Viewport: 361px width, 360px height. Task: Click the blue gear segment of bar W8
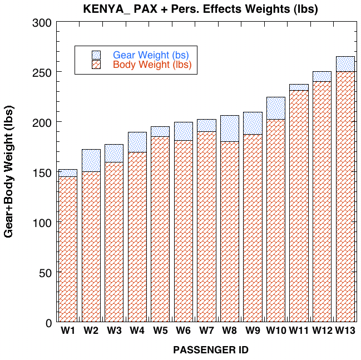(230, 129)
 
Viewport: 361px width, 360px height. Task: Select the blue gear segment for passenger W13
(345, 64)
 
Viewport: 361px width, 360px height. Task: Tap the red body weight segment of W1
(68, 249)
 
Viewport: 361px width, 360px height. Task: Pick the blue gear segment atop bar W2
(91, 161)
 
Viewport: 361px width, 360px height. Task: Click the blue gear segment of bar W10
(276, 109)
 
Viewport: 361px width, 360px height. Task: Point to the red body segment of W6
(184, 231)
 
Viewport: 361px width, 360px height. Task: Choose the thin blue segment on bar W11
(299, 87)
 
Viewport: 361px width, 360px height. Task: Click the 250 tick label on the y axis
(42, 73)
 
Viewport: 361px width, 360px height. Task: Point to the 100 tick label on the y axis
(42, 223)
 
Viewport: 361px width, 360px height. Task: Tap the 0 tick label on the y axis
(48, 323)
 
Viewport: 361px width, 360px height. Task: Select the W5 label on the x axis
(160, 331)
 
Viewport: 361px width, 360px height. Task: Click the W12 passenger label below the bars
(322, 331)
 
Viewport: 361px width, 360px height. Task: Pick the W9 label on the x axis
(253, 331)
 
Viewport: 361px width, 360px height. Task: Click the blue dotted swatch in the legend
(96, 55)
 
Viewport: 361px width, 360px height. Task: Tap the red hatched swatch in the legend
(96, 64)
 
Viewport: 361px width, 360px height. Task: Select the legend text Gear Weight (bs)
(151, 55)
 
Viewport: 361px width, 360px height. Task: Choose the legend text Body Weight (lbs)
(152, 65)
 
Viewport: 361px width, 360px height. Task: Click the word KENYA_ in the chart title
(107, 9)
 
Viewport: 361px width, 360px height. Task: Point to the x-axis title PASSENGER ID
(211, 350)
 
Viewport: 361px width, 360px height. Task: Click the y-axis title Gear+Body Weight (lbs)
(9, 171)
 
